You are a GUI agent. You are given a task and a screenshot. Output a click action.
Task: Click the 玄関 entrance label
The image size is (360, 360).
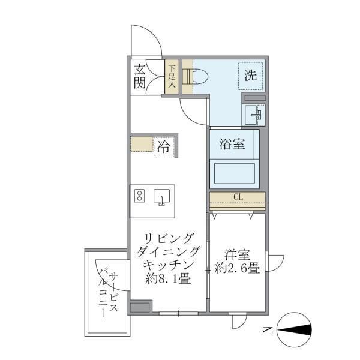point(140,76)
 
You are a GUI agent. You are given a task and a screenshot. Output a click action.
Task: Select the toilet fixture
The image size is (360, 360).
point(197,77)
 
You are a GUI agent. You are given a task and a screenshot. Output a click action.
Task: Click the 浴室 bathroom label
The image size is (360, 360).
point(235,145)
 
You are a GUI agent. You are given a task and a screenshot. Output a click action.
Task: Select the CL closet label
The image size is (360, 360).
point(237,198)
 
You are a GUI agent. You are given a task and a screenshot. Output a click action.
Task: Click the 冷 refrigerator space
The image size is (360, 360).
point(163,146)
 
